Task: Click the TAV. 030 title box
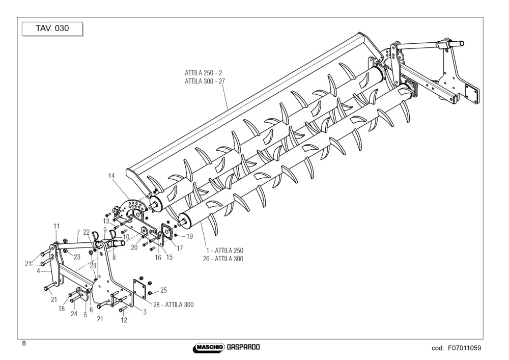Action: [x=52, y=29]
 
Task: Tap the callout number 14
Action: [x=111, y=176]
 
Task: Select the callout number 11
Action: [x=56, y=226]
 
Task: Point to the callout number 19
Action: [x=189, y=236]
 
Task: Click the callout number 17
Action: [x=180, y=248]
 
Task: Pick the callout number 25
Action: [x=163, y=290]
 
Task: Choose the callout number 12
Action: [x=124, y=320]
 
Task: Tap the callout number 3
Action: [x=145, y=312]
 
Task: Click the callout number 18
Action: [x=62, y=309]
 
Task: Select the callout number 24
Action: [x=74, y=314]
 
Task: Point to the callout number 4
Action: [x=38, y=271]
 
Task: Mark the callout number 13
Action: [x=106, y=221]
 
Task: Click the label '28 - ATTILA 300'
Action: [x=174, y=305]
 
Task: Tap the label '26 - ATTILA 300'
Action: [x=223, y=259]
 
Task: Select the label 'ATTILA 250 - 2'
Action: [x=204, y=73]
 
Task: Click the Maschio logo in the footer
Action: [x=209, y=348]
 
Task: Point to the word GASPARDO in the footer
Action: [x=243, y=347]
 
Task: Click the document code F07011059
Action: [x=465, y=348]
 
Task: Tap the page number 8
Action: [x=24, y=343]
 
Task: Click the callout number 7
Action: [x=78, y=232]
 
